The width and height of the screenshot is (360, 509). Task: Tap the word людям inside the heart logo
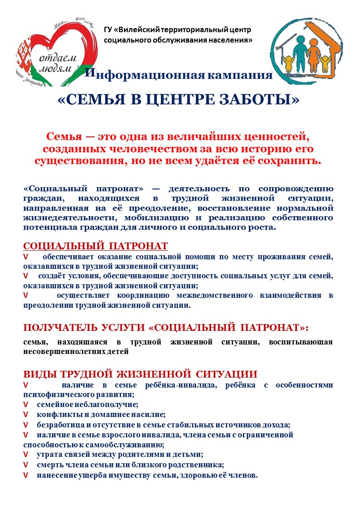(57, 68)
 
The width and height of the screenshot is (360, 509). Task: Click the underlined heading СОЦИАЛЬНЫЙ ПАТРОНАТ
(95, 246)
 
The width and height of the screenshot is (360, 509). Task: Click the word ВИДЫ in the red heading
(37, 374)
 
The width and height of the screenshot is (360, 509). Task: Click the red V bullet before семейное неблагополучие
(25, 404)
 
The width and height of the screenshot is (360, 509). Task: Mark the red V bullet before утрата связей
(25, 455)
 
